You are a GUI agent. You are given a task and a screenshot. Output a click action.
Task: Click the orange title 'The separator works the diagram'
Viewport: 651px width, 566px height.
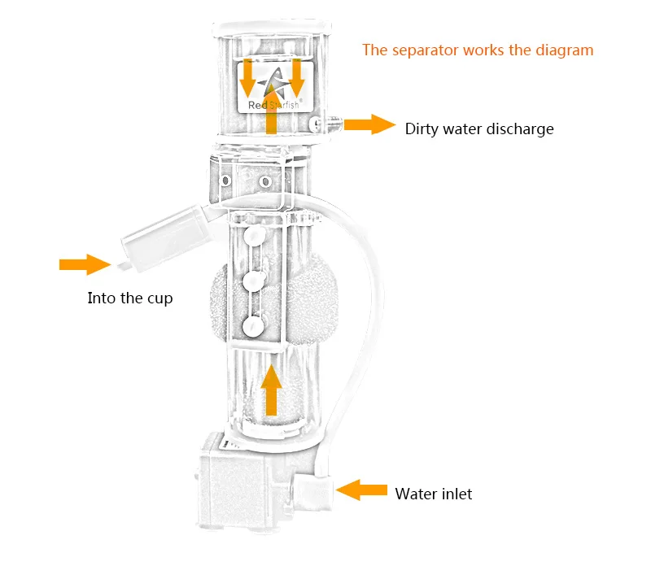pyautogui.click(x=478, y=50)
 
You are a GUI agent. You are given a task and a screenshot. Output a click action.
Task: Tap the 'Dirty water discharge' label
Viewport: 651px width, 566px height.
pyautogui.click(x=479, y=128)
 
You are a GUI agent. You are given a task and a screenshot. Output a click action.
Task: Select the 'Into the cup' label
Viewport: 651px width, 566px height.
pyautogui.click(x=130, y=298)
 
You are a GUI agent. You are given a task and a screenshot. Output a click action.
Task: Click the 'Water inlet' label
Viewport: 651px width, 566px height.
pyautogui.click(x=433, y=494)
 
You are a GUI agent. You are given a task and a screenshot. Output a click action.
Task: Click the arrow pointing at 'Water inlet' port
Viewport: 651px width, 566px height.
pyautogui.click(x=362, y=489)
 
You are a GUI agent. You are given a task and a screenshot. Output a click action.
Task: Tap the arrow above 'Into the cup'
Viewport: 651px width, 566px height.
pyautogui.click(x=84, y=264)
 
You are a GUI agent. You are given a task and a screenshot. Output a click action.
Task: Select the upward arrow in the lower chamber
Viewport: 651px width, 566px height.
pyautogui.click(x=272, y=390)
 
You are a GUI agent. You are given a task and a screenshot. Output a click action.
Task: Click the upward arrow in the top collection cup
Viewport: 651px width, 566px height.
pyautogui.click(x=272, y=114)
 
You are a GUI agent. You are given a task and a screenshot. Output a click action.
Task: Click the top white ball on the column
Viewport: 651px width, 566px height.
pyautogui.click(x=253, y=236)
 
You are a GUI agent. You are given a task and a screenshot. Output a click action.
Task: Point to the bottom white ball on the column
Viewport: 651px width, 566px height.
pyautogui.click(x=253, y=326)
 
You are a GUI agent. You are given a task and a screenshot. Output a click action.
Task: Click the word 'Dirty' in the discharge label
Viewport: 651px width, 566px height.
pyautogui.click(x=423, y=128)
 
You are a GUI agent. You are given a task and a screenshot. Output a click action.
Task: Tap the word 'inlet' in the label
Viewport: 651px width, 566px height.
pyautogui.click(x=455, y=494)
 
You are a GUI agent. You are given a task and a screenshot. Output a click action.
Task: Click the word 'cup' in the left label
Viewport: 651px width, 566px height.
pyautogui.click(x=159, y=299)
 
